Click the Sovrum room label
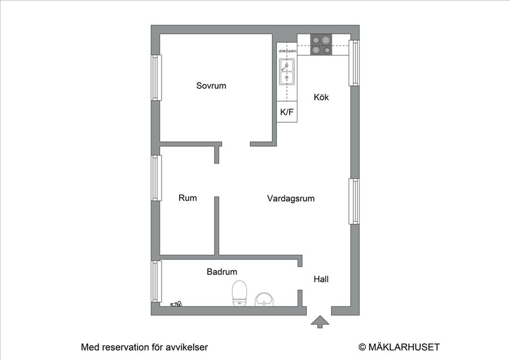pos(211,86)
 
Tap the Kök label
pos(321,97)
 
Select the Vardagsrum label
pos(291,199)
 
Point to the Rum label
pos(188,198)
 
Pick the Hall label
pos(321,279)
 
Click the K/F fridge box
pos(287,112)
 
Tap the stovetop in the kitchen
pos(320,45)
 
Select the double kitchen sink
pos(287,72)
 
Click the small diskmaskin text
pos(287,51)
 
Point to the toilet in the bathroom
pos(240,294)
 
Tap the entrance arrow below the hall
pos(319,321)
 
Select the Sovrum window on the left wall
pos(156,77)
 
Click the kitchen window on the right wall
pos(354,63)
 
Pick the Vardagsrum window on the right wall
pos(354,201)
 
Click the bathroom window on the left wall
pos(156,281)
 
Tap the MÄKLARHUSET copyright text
pos(399,347)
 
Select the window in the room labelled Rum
pos(156,178)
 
